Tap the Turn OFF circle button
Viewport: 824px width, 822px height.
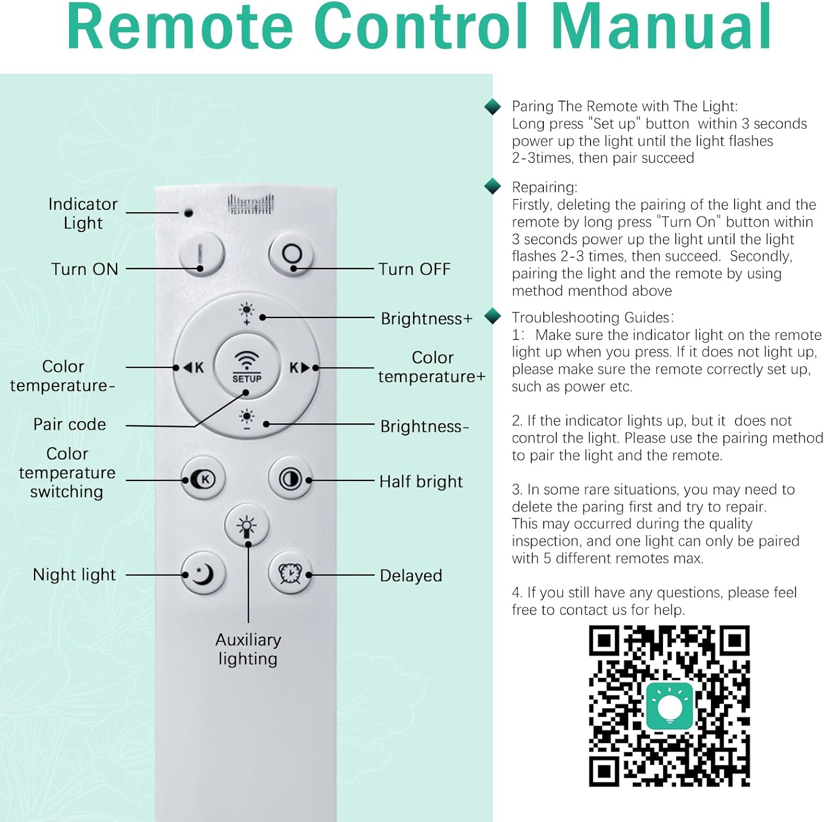click(291, 255)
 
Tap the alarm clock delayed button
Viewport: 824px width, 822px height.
click(290, 573)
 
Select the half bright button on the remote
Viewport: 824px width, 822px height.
click(290, 479)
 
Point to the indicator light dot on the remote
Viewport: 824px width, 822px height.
click(188, 212)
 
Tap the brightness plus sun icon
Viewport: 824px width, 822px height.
click(247, 313)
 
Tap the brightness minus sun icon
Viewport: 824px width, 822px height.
click(247, 418)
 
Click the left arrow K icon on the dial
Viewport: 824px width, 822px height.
click(193, 367)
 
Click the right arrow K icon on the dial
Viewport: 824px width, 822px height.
click(300, 367)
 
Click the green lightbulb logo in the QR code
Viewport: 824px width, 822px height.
click(669, 705)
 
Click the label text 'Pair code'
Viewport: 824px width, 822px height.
click(70, 424)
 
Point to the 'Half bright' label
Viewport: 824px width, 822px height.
click(421, 482)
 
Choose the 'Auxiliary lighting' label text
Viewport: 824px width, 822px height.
click(248, 649)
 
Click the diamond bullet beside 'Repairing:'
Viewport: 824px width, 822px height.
click(493, 186)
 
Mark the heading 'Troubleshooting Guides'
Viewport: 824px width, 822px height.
click(591, 317)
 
